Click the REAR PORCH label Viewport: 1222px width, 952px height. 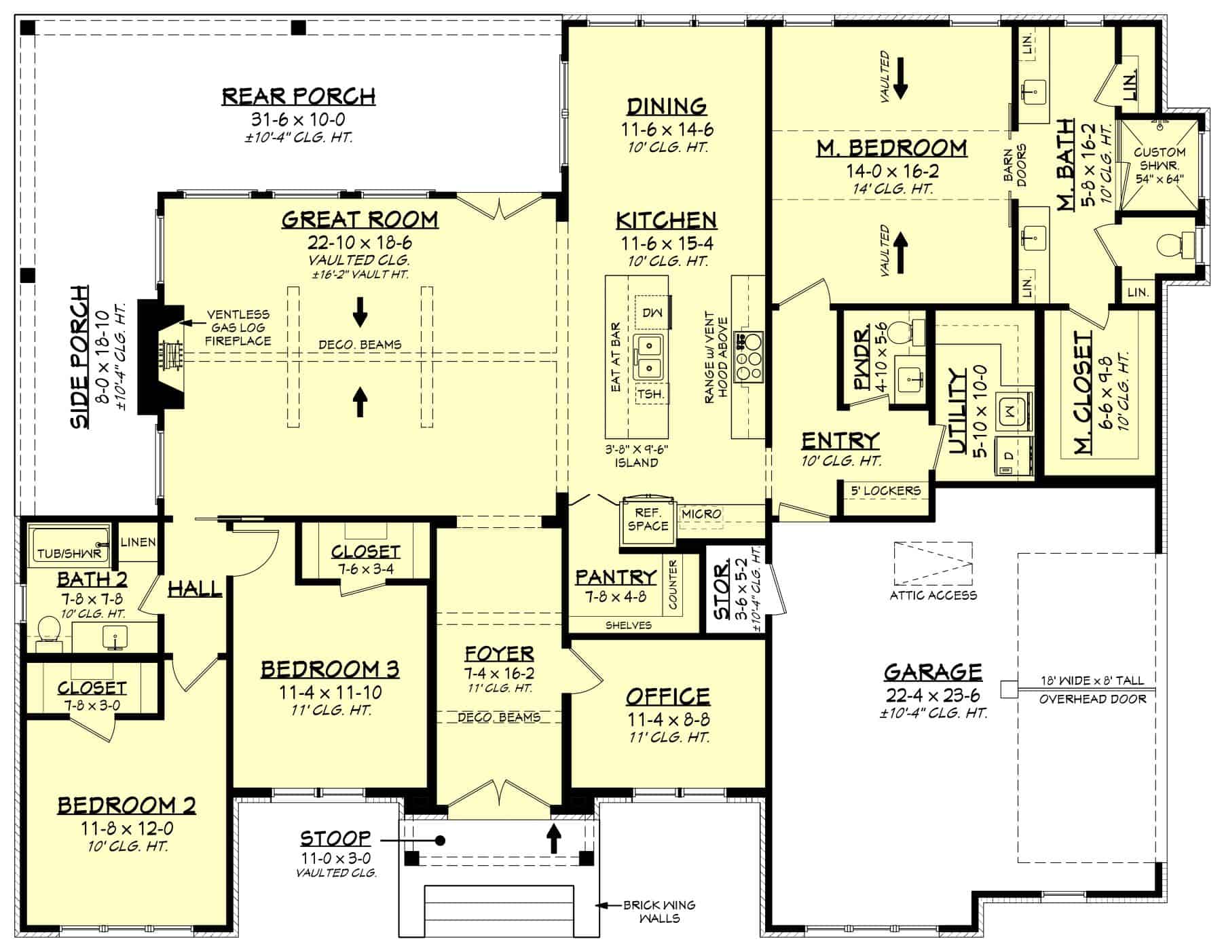coord(299,96)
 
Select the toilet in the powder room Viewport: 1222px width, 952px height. coord(900,332)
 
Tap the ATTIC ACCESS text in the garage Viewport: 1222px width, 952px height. coord(933,595)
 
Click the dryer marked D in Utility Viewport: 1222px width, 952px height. coord(1007,456)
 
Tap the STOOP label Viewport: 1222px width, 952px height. coord(336,839)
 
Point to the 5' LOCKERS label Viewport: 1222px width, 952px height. coord(885,491)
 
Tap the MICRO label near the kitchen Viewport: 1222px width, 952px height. coord(701,514)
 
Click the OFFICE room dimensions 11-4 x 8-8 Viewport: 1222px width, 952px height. coord(667,720)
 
